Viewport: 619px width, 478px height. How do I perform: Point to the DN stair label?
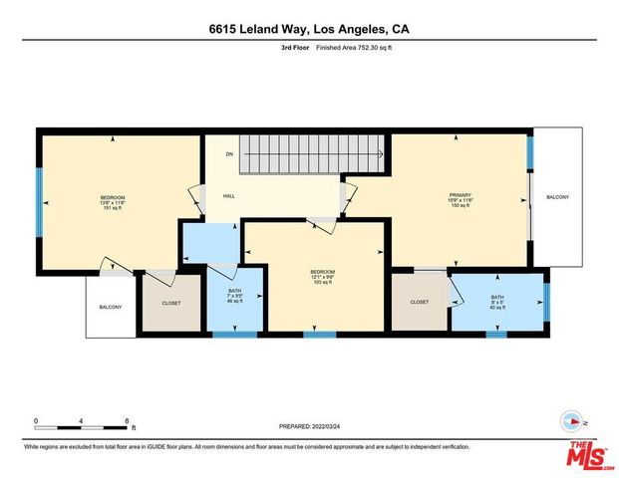(229, 154)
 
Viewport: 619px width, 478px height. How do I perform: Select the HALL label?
(228, 196)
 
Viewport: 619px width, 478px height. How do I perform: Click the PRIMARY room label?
(459, 194)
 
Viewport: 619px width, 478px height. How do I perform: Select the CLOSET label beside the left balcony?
(170, 302)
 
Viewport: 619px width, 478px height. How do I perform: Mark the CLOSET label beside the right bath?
(419, 302)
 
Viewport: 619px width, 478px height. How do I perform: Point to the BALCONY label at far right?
(556, 197)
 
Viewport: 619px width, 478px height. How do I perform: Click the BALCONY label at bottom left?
(110, 307)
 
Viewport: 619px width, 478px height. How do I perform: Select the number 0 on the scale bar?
(37, 420)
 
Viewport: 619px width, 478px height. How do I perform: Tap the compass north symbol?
(571, 420)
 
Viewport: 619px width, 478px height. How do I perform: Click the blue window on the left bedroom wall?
(39, 202)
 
